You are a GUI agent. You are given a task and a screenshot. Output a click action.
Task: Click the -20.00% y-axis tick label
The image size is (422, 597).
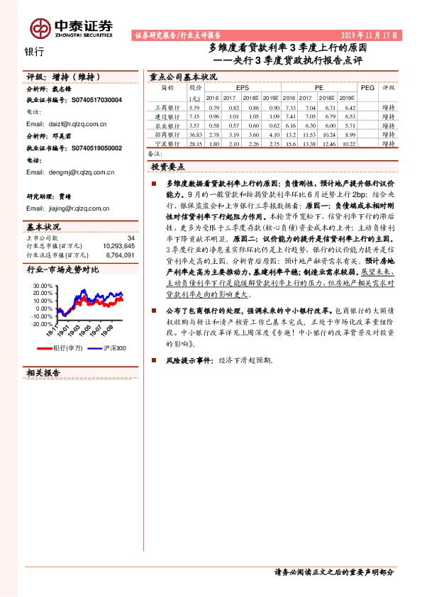pyautogui.click(x=42, y=323)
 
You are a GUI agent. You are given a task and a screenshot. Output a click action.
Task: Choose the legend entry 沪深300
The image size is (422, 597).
pyautogui.click(x=113, y=347)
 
